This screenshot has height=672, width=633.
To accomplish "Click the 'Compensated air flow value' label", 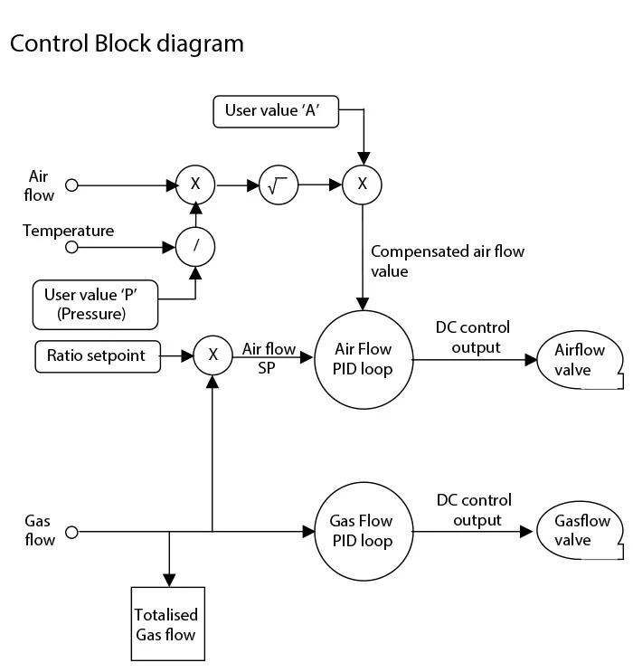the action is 448,261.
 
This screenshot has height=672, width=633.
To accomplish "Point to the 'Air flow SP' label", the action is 269,358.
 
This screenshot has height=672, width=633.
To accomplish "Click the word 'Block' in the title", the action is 123,43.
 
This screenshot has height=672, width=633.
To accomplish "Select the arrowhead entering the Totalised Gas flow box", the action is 169,581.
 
